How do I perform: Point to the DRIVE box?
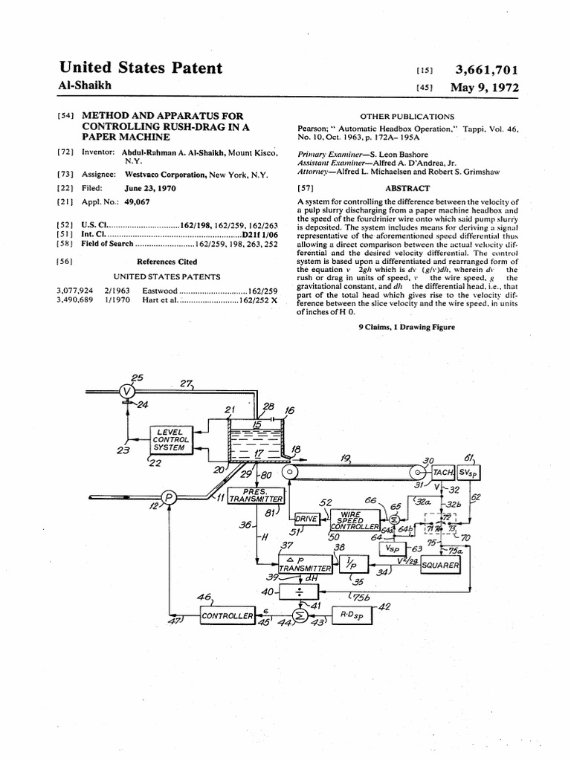(x=307, y=518)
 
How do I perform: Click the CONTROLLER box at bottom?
(x=228, y=615)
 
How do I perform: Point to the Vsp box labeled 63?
(x=392, y=549)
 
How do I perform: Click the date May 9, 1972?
(x=484, y=88)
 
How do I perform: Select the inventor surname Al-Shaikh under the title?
(x=85, y=86)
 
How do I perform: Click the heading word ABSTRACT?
(x=407, y=189)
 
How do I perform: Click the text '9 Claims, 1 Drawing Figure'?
(x=407, y=327)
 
